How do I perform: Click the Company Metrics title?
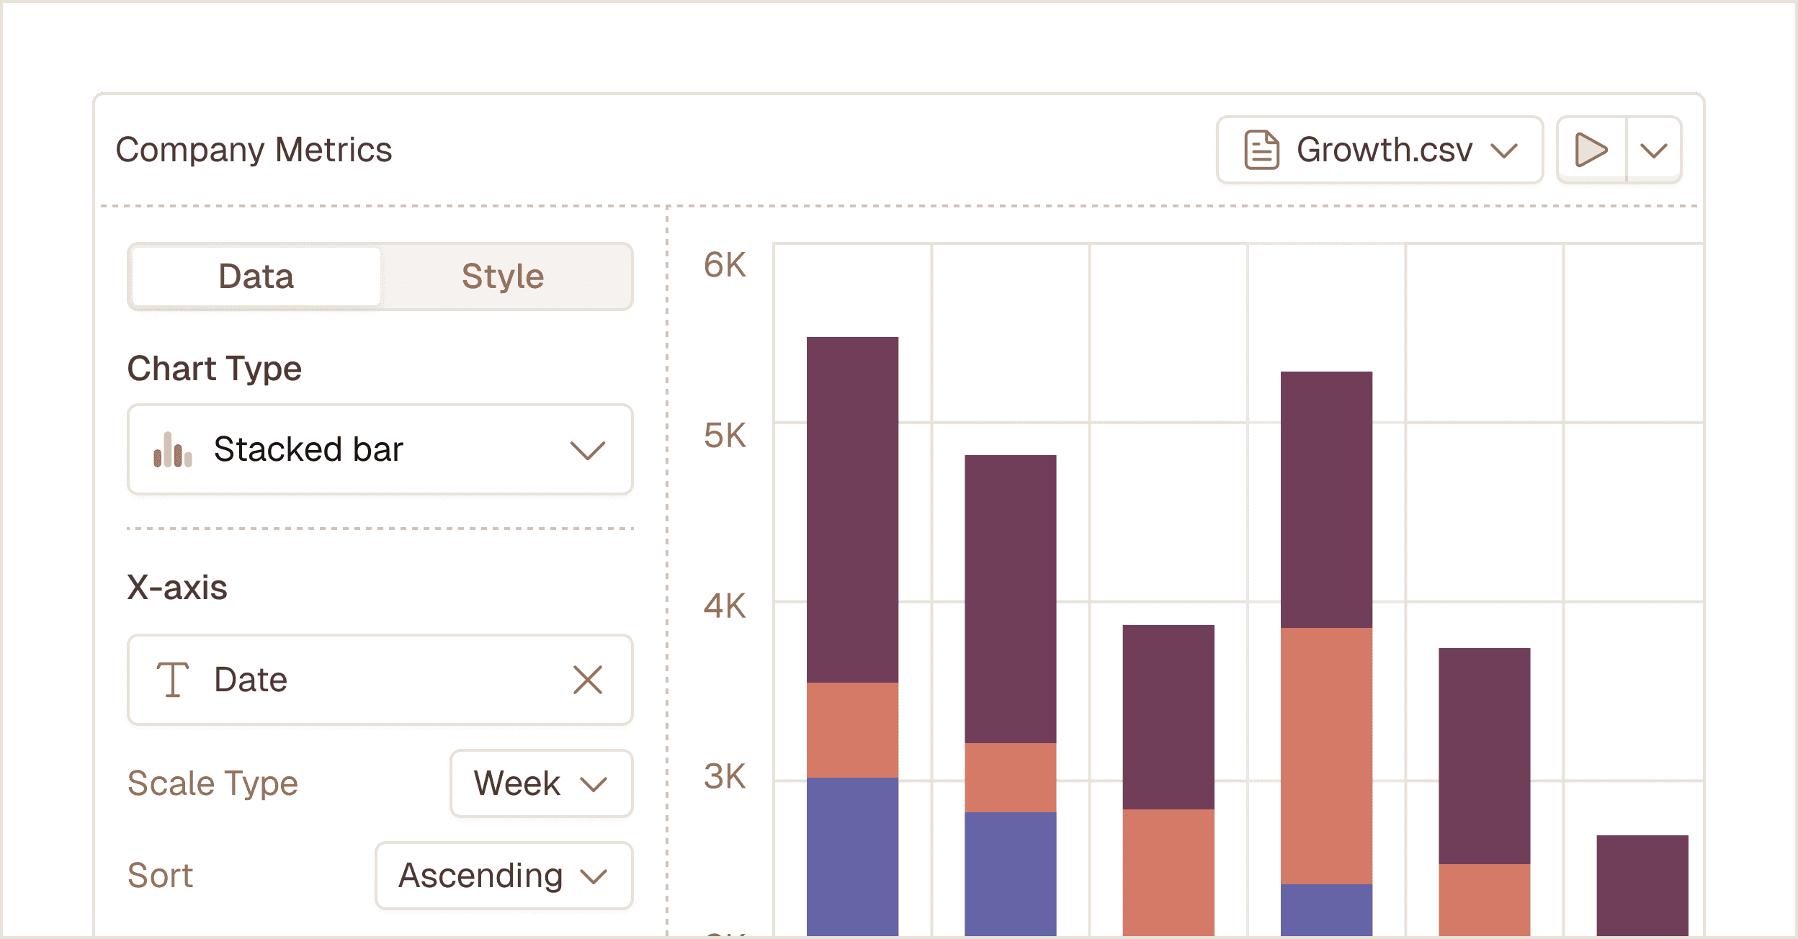tap(254, 150)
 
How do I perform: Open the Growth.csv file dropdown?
tap(1379, 150)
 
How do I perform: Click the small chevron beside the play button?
tap(1653, 150)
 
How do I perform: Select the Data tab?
tap(256, 277)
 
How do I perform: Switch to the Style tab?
tap(503, 277)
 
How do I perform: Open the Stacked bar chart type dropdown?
tap(380, 449)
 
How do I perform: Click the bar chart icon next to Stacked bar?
tap(173, 450)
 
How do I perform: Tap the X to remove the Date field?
tap(587, 680)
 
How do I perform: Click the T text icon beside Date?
tap(173, 680)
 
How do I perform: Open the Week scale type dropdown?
tap(541, 783)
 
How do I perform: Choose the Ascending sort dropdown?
tap(504, 876)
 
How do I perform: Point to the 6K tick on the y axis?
tap(725, 265)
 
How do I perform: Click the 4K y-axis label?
tap(725, 606)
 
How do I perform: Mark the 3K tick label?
tap(725, 776)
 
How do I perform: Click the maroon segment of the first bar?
tap(852, 508)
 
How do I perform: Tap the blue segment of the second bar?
tap(1010, 873)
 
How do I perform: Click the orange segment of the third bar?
tap(1168, 871)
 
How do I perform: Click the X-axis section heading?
tap(177, 588)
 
